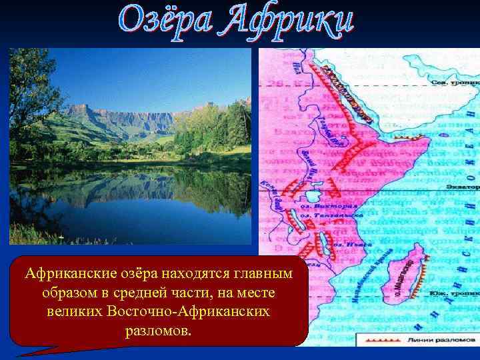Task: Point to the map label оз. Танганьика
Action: (x=331, y=215)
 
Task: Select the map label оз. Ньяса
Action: (x=346, y=245)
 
